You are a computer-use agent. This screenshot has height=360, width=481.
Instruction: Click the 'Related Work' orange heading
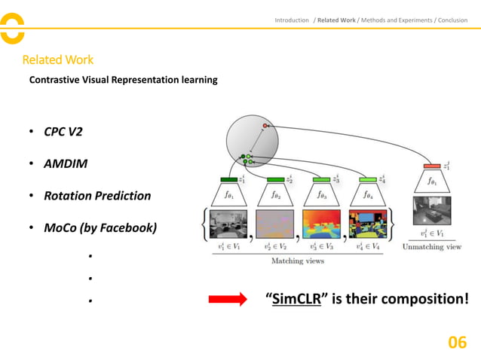pos(57,59)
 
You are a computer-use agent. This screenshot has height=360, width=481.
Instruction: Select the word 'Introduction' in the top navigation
pos(292,20)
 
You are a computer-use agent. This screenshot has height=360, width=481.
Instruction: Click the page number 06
pos(457,343)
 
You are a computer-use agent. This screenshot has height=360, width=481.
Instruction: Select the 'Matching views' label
pos(297,261)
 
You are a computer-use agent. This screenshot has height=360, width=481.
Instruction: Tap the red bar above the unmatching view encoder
pos(432,166)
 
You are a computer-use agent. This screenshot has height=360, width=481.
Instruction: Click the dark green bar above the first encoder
pos(228,179)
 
